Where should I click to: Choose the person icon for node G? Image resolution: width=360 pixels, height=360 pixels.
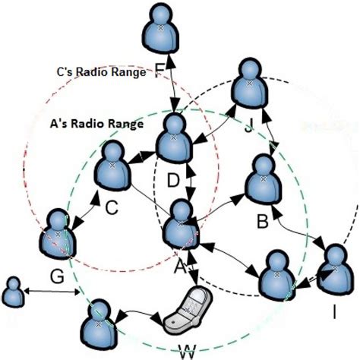[x=57, y=234]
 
